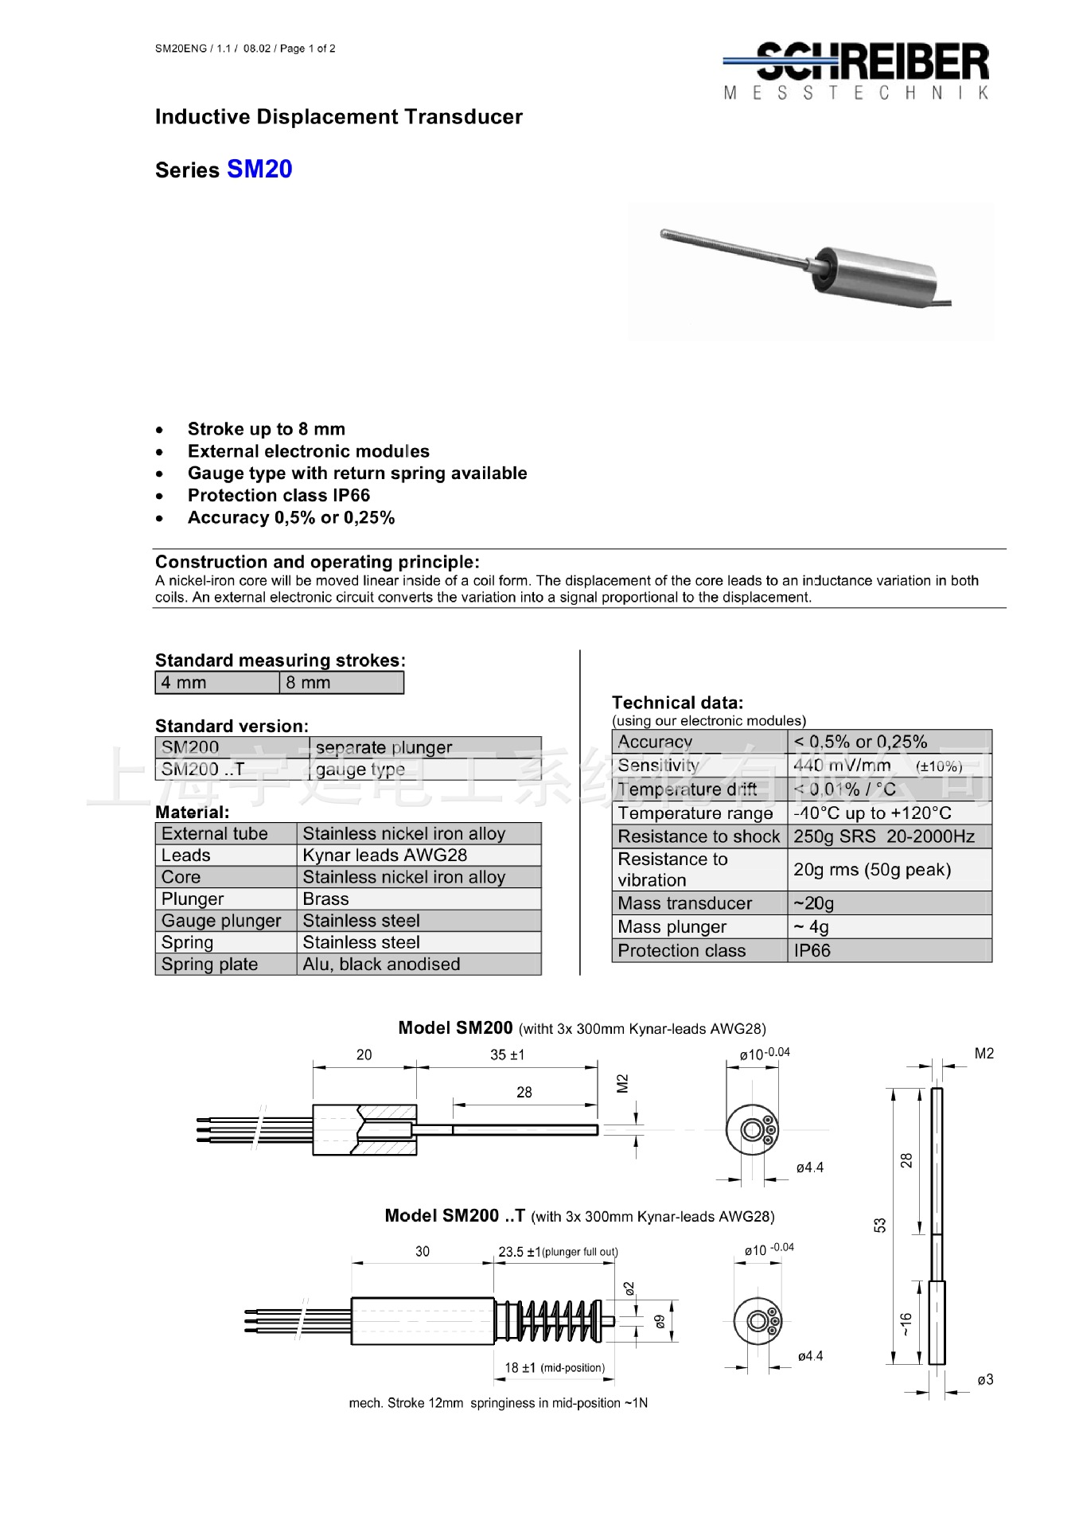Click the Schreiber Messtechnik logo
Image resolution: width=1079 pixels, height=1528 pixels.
pyautogui.click(x=857, y=70)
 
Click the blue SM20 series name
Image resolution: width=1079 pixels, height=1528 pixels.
pyautogui.click(x=259, y=169)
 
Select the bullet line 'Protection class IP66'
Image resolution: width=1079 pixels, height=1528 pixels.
pyautogui.click(x=279, y=495)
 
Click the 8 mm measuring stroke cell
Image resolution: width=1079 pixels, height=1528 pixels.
pyautogui.click(x=341, y=683)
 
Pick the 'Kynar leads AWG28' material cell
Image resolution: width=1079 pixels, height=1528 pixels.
pyautogui.click(x=385, y=855)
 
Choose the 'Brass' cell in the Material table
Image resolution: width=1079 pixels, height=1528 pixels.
pyautogui.click(x=326, y=898)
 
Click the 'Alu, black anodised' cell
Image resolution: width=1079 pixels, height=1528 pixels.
pyautogui.click(x=382, y=964)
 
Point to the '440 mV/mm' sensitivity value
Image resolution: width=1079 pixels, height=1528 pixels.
pyautogui.click(x=843, y=766)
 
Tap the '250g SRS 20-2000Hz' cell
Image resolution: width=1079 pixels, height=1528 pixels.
pyautogui.click(x=883, y=836)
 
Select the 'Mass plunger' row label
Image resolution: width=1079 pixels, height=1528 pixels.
pyautogui.click(x=672, y=926)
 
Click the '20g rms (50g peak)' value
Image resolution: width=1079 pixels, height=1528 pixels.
pyautogui.click(x=872, y=869)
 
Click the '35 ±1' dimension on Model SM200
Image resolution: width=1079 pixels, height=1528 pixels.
pyautogui.click(x=507, y=1054)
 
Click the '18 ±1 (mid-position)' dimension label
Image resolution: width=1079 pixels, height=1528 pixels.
pyautogui.click(x=555, y=1367)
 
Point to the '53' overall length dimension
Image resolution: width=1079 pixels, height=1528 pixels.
pyautogui.click(x=880, y=1225)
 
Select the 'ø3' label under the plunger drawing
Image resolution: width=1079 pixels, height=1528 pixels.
pyautogui.click(x=985, y=1379)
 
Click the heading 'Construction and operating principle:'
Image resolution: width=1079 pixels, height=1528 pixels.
pyautogui.click(x=317, y=562)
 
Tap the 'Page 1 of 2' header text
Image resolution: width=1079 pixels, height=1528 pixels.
pyautogui.click(x=307, y=49)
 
